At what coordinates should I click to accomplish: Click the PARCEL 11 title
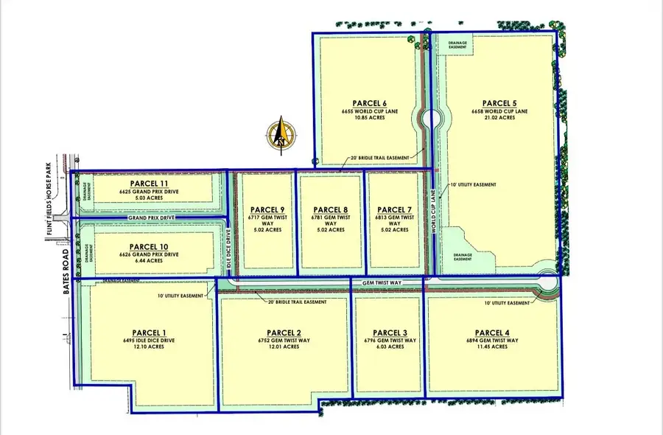150,183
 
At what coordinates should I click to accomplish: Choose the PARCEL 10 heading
150,246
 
